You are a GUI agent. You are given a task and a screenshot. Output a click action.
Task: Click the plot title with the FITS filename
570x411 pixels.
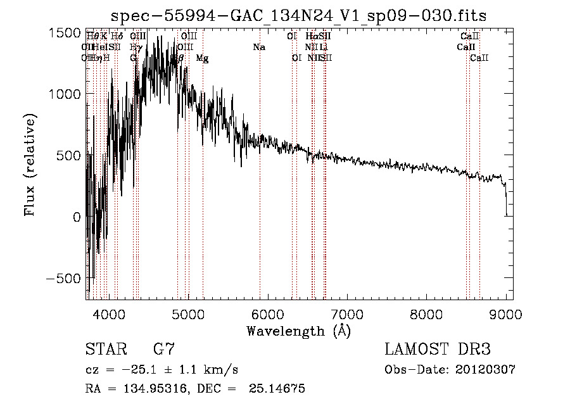[299, 16]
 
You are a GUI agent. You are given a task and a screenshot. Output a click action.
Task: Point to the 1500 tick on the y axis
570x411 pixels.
[65, 33]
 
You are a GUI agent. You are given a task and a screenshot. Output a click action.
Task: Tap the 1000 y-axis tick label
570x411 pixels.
[65, 94]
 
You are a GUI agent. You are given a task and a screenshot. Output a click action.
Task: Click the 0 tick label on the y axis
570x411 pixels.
[76, 217]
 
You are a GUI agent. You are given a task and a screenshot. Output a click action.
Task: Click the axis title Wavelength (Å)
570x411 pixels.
[298, 331]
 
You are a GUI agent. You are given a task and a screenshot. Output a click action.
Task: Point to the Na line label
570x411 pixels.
[258, 47]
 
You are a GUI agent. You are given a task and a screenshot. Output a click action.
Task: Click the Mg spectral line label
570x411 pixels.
[202, 58]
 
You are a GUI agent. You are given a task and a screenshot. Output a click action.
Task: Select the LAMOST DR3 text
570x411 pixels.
[438, 350]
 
